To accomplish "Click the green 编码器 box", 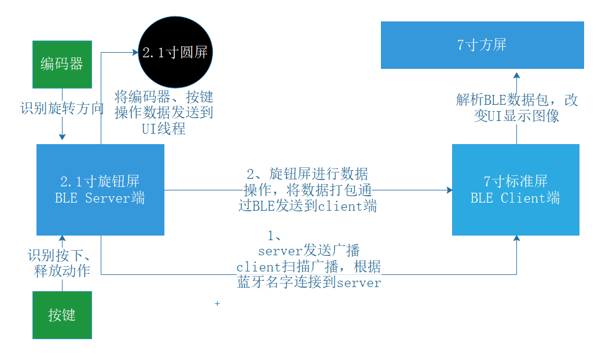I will tap(62, 64).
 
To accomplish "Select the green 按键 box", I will tap(62, 315).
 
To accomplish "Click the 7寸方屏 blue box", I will tap(482, 45).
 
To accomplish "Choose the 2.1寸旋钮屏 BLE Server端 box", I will tap(100, 190).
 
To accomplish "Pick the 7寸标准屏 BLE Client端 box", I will tap(515, 190).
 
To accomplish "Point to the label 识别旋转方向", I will tap(62, 108).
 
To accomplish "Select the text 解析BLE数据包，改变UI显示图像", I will tap(516, 108).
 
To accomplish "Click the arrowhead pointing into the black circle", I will tap(134, 53).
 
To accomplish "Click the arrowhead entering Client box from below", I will tap(517, 239).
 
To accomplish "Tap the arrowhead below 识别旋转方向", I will tap(62, 137).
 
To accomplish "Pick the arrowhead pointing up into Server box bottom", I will tap(62, 239).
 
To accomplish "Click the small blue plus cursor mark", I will tap(217, 303).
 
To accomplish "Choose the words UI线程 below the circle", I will tap(164, 128).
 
